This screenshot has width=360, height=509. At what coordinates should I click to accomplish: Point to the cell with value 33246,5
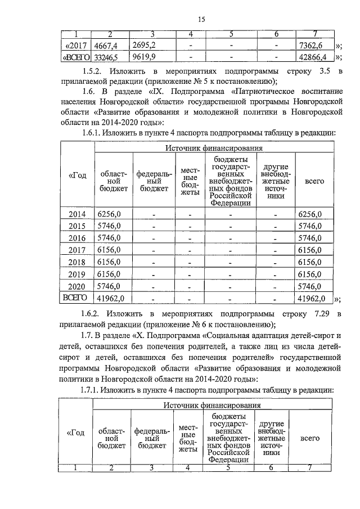click(106, 57)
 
